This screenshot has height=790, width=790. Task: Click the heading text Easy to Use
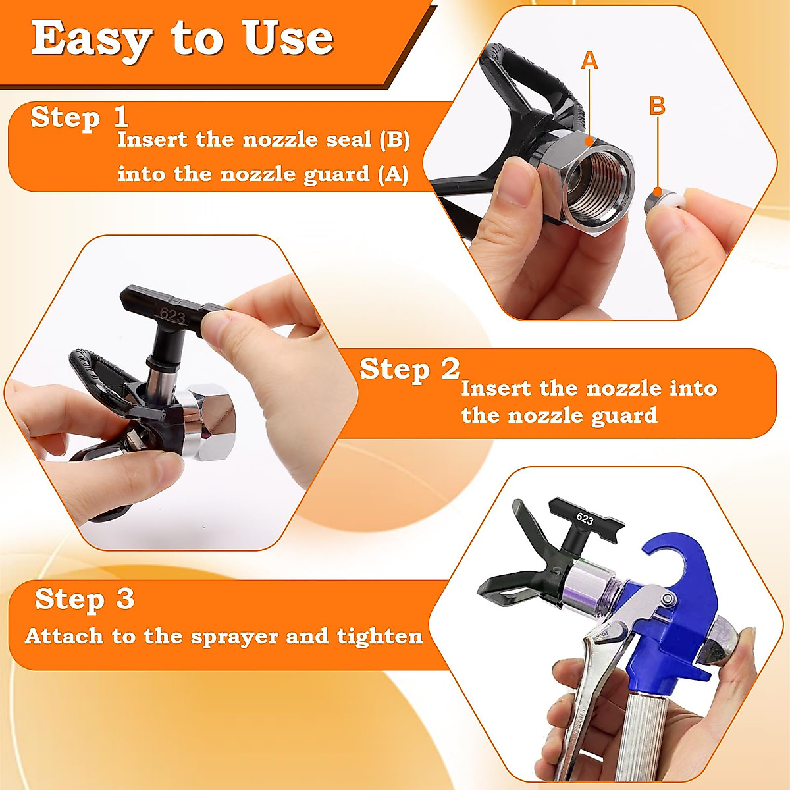[182, 38]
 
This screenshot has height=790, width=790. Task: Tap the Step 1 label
[79, 117]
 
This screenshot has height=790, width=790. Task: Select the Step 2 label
[409, 369]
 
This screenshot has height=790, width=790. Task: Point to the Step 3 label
[84, 599]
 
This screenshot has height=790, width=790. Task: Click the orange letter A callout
[589, 61]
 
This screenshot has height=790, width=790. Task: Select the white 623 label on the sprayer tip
[584, 518]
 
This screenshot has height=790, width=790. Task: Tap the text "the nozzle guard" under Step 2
[559, 415]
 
